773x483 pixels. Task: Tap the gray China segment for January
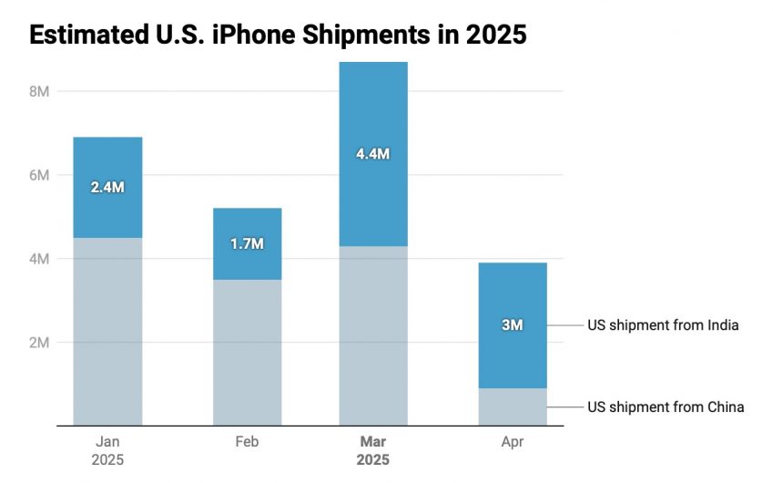[x=107, y=332]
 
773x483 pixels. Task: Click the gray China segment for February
[x=247, y=353]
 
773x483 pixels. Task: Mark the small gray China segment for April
[x=513, y=406]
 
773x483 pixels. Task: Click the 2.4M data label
[x=107, y=188]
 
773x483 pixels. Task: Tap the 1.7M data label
[x=247, y=244]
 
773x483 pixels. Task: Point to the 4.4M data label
[x=373, y=154]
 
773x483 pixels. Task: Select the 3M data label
[x=513, y=325]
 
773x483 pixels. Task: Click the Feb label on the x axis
[x=247, y=442]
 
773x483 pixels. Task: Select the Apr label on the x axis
[x=513, y=442]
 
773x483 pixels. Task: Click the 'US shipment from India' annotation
[x=662, y=325]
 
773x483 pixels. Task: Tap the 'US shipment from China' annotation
[x=666, y=406]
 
